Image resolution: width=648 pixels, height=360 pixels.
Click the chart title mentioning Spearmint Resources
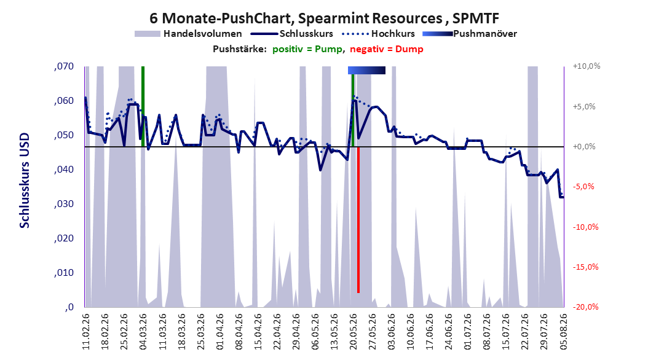point(324,18)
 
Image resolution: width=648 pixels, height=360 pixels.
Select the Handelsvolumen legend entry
point(189,34)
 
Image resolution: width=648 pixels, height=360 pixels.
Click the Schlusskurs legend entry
point(292,34)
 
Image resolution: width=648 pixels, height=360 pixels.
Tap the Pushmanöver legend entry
point(470,34)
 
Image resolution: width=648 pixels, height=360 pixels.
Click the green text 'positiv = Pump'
point(307,49)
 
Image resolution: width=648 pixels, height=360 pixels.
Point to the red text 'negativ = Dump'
point(387,49)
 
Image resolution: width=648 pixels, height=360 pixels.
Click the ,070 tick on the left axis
point(64,66)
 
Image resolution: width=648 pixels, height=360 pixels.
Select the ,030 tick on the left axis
point(64,204)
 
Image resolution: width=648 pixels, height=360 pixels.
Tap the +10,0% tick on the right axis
point(587,66)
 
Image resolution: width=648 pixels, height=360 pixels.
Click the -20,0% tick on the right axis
point(585,307)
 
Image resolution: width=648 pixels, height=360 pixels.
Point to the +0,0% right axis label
point(584,147)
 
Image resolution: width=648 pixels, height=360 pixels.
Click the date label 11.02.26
point(86,332)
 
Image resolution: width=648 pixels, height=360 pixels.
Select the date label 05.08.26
point(563,332)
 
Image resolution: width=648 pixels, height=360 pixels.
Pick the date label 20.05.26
point(353,332)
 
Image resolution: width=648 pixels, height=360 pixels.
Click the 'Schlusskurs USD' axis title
point(25,181)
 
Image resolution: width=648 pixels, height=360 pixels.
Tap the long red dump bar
point(358,220)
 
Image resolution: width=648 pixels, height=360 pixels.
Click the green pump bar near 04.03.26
point(143,106)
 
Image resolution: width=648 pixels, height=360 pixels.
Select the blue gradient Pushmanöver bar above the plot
point(366,70)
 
